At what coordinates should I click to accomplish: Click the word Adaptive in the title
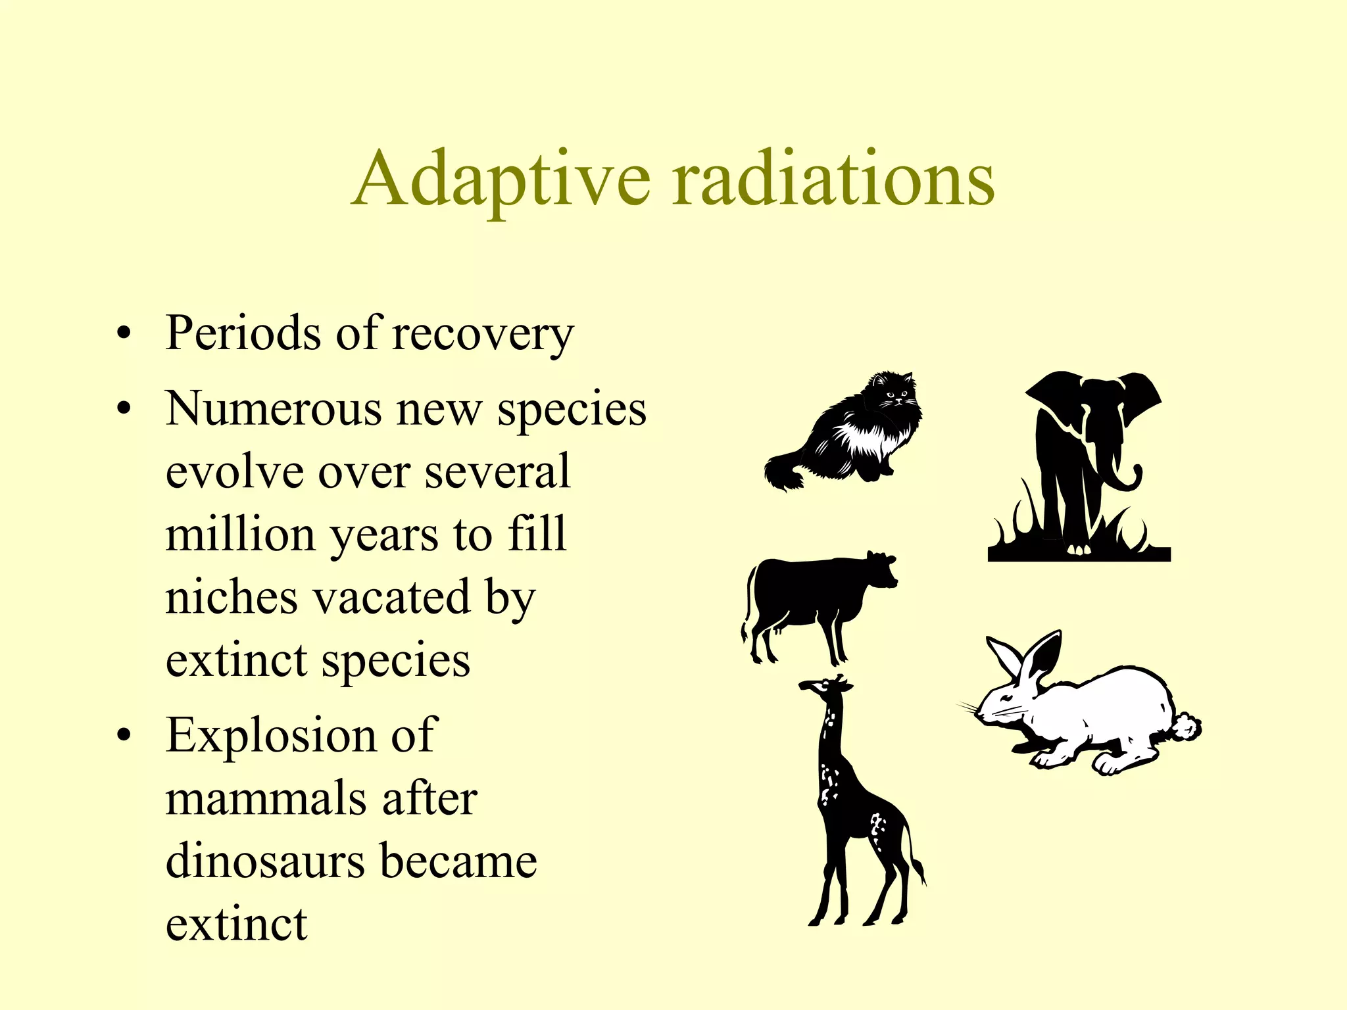(501, 179)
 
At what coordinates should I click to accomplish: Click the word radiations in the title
(833, 179)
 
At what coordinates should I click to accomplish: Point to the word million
(241, 534)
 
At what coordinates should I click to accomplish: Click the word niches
(232, 597)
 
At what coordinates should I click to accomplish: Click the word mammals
(265, 798)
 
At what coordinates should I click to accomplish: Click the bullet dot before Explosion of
(123, 736)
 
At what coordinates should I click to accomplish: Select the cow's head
(881, 568)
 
